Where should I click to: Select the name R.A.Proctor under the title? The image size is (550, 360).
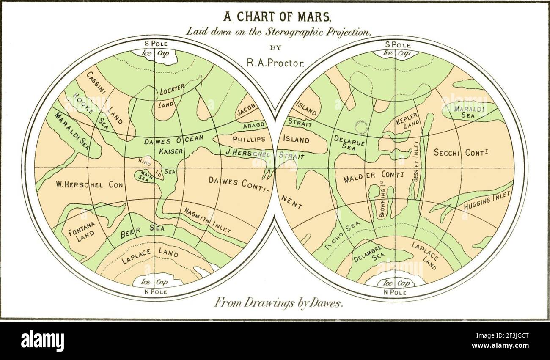pyautogui.click(x=275, y=62)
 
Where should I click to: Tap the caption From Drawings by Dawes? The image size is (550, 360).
pyautogui.click(x=278, y=302)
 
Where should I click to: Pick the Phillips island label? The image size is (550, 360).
pyautogui.click(x=249, y=139)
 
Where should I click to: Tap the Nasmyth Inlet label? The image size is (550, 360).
pyautogui.click(x=207, y=220)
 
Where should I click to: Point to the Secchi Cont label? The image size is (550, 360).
pyautogui.click(x=461, y=153)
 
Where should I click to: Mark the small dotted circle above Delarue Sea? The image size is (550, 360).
pyautogui.click(x=362, y=125)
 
